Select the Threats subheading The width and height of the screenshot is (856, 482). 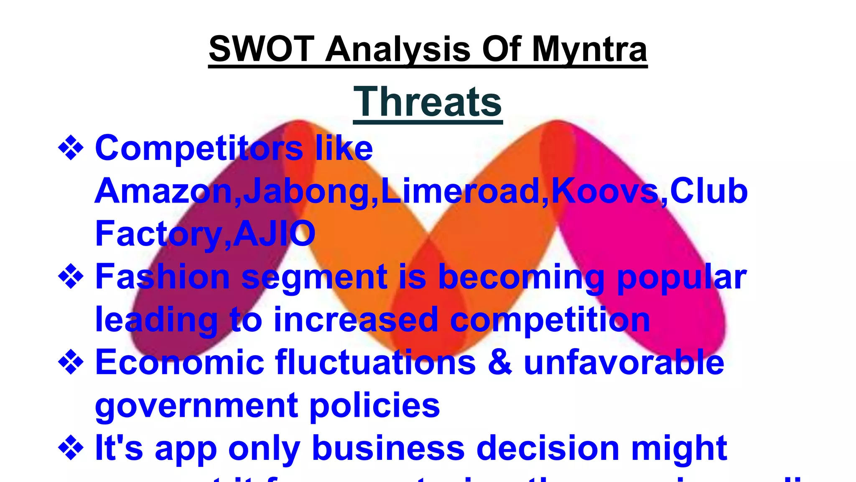point(428,102)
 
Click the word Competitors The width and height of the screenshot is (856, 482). point(199,149)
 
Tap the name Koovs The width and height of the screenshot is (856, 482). point(605,191)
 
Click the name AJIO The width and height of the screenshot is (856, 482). point(274,233)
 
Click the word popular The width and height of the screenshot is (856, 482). point(681,278)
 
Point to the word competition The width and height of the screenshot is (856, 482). point(550,320)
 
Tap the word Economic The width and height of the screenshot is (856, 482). point(180,362)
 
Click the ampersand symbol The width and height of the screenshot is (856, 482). point(500,362)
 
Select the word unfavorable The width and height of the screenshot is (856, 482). point(624,362)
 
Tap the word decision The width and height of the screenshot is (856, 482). point(548,448)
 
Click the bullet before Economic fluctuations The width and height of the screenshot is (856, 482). point(71,362)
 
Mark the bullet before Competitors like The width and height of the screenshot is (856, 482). point(71,149)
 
